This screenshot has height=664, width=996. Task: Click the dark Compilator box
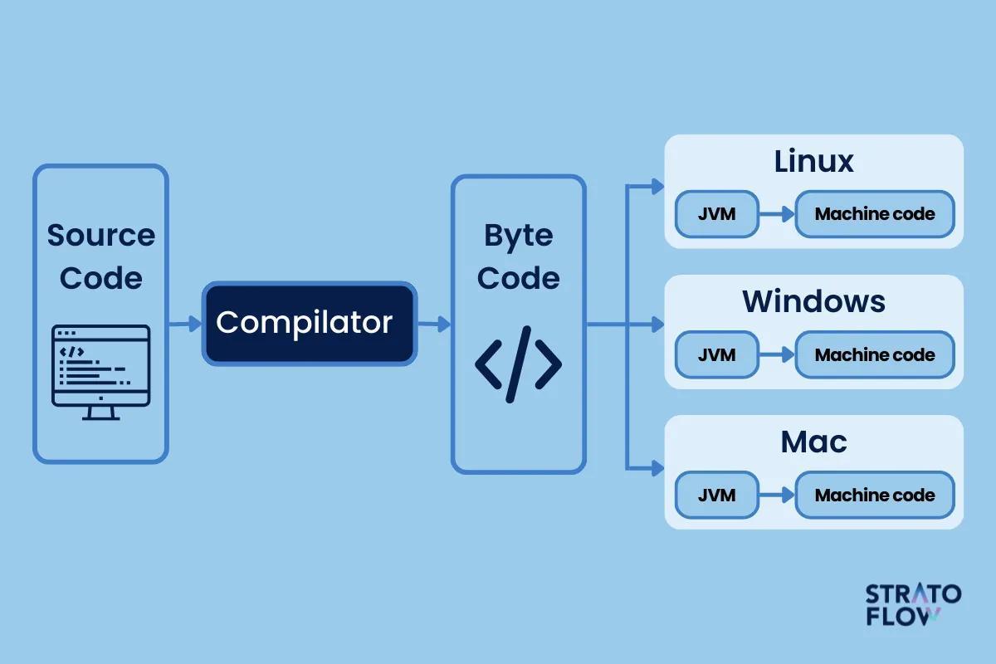310,324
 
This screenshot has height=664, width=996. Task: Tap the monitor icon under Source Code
101,372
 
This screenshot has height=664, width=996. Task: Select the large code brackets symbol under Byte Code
519,364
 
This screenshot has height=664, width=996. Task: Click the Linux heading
813,161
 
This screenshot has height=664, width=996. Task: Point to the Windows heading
813,301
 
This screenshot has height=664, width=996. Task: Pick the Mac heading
813,442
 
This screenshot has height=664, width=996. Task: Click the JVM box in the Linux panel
717,214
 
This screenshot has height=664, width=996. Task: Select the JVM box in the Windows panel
717,354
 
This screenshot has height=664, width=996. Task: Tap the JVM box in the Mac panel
717,495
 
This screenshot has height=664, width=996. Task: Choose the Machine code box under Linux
875,214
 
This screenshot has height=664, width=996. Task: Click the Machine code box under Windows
875,354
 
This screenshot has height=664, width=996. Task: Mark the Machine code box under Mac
875,495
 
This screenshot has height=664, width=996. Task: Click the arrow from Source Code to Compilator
185,324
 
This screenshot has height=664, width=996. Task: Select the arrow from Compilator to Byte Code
434,324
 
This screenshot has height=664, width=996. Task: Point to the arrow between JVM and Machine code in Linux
777,214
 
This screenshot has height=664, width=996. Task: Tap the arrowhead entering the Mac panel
658,468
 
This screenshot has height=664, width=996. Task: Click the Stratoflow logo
913,604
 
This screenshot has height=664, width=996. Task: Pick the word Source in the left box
101,235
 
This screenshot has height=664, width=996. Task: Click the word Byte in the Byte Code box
519,237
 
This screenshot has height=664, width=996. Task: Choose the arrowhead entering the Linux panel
658,187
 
